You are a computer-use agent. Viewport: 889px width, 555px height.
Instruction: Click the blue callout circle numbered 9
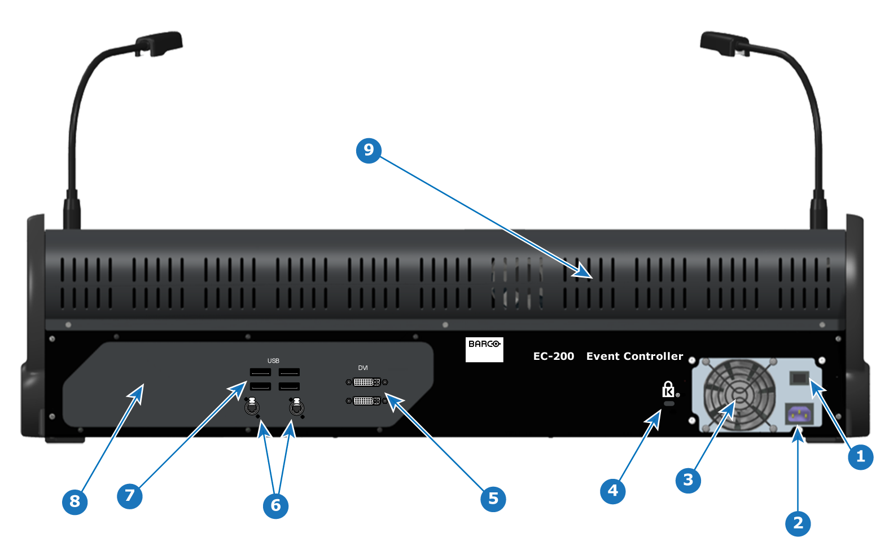click(x=369, y=151)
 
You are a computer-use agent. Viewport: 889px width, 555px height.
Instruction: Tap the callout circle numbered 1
click(x=860, y=457)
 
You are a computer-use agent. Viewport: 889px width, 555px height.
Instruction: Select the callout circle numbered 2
click(x=798, y=523)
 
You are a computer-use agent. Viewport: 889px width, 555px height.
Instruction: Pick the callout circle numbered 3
click(x=688, y=481)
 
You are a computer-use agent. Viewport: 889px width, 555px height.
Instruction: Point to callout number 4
click(x=613, y=491)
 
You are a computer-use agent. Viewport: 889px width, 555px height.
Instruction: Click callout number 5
click(x=493, y=499)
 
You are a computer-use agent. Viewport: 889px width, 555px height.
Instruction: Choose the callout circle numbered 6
click(x=275, y=506)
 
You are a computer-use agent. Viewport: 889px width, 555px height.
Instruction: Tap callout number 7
click(x=130, y=496)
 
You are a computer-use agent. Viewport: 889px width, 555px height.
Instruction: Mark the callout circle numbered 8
click(x=75, y=502)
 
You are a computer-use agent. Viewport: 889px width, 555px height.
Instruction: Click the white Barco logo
click(x=484, y=350)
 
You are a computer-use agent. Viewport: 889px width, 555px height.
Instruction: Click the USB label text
click(x=273, y=360)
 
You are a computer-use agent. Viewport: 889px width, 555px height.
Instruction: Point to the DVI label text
click(x=363, y=368)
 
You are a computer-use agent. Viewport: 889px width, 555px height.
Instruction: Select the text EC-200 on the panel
click(x=554, y=356)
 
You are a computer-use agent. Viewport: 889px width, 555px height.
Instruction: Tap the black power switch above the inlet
click(x=799, y=378)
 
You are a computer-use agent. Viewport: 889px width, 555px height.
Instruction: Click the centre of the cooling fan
click(x=739, y=395)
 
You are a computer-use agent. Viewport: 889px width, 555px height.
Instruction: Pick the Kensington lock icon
click(x=669, y=389)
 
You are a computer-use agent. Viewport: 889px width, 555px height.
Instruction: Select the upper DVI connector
click(x=367, y=382)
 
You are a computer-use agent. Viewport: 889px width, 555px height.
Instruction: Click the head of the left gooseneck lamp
click(x=159, y=43)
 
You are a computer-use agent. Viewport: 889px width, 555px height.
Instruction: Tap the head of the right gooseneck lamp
click(x=725, y=43)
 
